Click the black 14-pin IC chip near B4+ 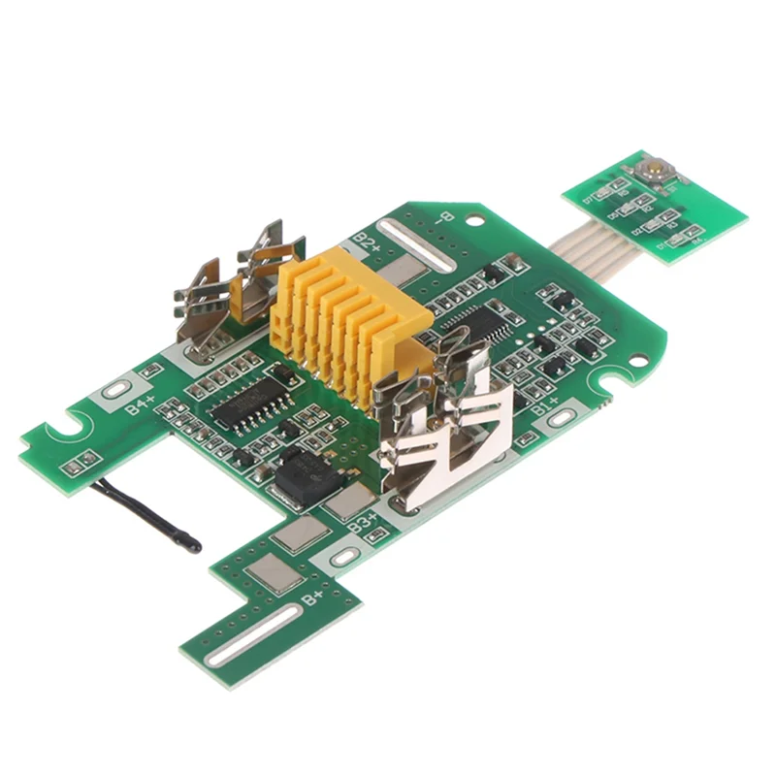click(243, 400)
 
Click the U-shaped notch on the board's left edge click(68, 426)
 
